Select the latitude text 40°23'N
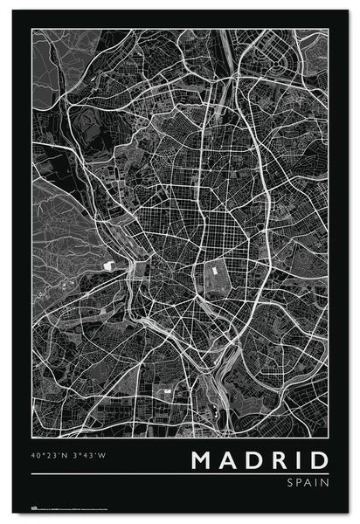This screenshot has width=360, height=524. [50, 455]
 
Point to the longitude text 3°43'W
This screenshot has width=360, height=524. [92, 455]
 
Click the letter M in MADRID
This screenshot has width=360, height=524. [199, 460]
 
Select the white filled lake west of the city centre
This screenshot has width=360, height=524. [108, 264]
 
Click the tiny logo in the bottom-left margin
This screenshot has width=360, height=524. [36, 506]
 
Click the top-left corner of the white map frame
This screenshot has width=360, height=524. [32, 29]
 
